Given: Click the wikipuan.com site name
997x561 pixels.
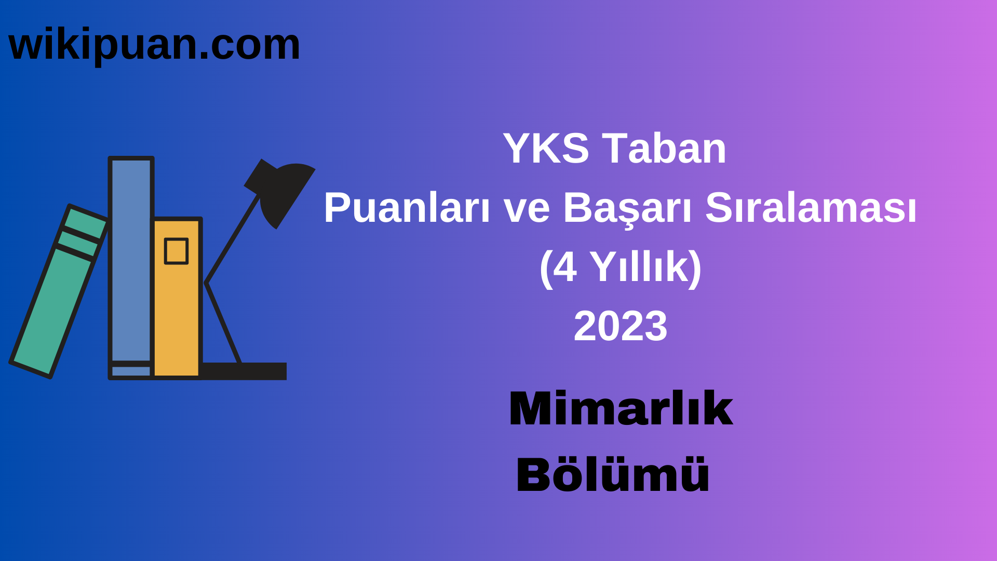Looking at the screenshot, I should [154, 45].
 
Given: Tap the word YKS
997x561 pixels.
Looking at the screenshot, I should [545, 149].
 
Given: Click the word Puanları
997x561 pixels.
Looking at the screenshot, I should [407, 208].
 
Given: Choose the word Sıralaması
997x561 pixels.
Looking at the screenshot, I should [811, 208].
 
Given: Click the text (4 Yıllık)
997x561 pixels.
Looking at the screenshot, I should [621, 268].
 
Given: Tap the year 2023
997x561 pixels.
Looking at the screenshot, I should [621, 326].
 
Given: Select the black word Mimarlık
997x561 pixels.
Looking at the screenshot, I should [621, 409].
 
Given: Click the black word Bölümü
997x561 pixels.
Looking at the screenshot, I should [613, 475].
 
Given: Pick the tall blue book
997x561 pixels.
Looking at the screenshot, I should [131, 260].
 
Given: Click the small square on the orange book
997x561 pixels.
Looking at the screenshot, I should [176, 251].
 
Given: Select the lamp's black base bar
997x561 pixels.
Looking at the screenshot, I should [244, 371].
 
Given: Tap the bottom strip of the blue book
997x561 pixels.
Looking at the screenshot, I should [131, 371].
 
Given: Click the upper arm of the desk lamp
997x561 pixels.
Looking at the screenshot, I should [232, 239].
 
